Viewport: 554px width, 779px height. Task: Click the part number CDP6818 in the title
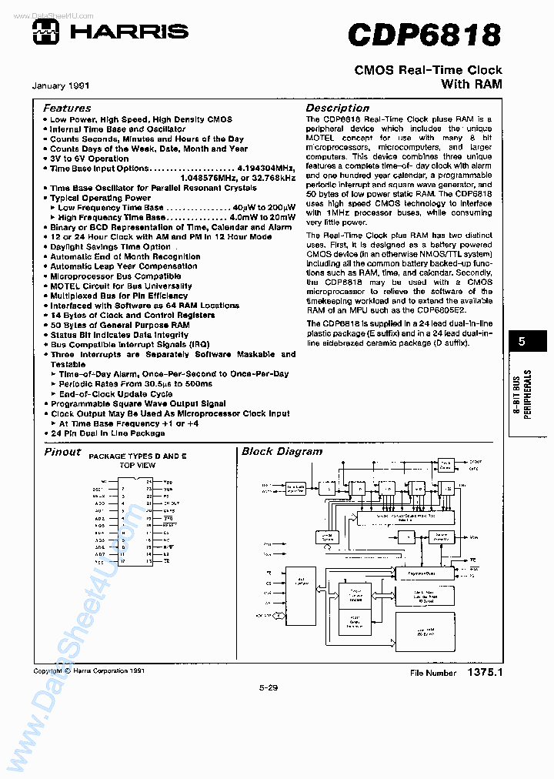tap(424, 35)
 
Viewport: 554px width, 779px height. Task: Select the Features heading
tap(67, 109)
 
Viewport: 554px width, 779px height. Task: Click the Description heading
tap(338, 109)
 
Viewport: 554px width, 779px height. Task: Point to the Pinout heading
tap(62, 452)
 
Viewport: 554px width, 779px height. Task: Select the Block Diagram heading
tap(282, 452)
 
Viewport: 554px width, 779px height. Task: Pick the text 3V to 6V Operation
tap(89, 158)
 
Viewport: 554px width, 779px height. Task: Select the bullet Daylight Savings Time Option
tap(110, 246)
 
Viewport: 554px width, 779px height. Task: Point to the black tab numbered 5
tap(521, 342)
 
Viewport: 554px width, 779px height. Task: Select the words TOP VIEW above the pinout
tap(138, 465)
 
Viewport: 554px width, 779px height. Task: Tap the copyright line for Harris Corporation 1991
tap(88, 670)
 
